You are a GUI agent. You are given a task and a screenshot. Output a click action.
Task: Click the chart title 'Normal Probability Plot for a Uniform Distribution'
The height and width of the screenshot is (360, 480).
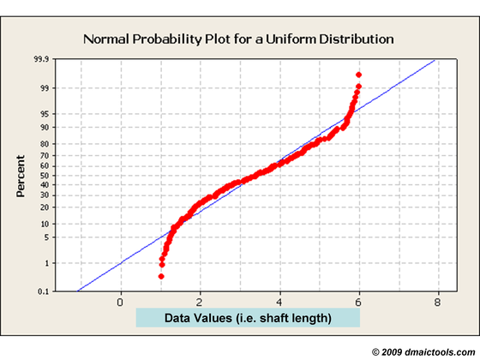pyautogui.click(x=239, y=39)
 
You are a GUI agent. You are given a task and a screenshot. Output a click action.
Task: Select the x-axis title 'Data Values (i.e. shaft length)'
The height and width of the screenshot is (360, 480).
pyautogui.click(x=248, y=319)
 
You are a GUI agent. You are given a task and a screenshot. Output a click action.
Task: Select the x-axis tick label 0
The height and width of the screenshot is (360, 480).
pyautogui.click(x=120, y=302)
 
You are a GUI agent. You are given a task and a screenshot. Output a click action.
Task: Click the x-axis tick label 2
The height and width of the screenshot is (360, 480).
pyautogui.click(x=200, y=302)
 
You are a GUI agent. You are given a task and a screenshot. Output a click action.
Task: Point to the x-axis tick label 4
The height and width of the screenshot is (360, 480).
pyautogui.click(x=279, y=302)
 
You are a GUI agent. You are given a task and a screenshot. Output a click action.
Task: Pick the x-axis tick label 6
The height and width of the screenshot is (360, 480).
pyautogui.click(x=359, y=302)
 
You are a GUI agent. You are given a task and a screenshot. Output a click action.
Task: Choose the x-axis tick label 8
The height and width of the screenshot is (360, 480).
pyautogui.click(x=439, y=302)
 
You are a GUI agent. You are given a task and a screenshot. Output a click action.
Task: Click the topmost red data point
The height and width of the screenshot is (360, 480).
pyautogui.click(x=358, y=75)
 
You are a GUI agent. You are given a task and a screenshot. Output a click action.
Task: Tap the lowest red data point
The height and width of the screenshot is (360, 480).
pyautogui.click(x=161, y=276)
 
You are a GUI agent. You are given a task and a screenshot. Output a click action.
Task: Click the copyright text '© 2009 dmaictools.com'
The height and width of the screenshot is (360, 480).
pyautogui.click(x=420, y=351)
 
